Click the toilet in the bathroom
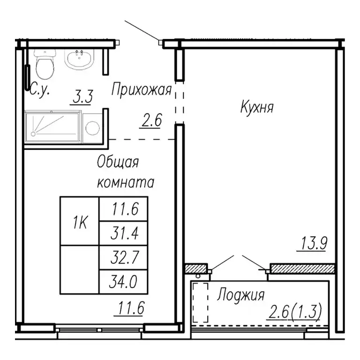(45, 66)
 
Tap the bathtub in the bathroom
(53, 125)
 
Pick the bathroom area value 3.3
(82, 97)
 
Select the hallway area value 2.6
(151, 121)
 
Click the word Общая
(118, 163)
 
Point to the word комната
(126, 182)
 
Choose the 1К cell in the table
(80, 221)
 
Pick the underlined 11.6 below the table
(130, 309)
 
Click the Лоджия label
(240, 296)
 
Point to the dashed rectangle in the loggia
(201, 302)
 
